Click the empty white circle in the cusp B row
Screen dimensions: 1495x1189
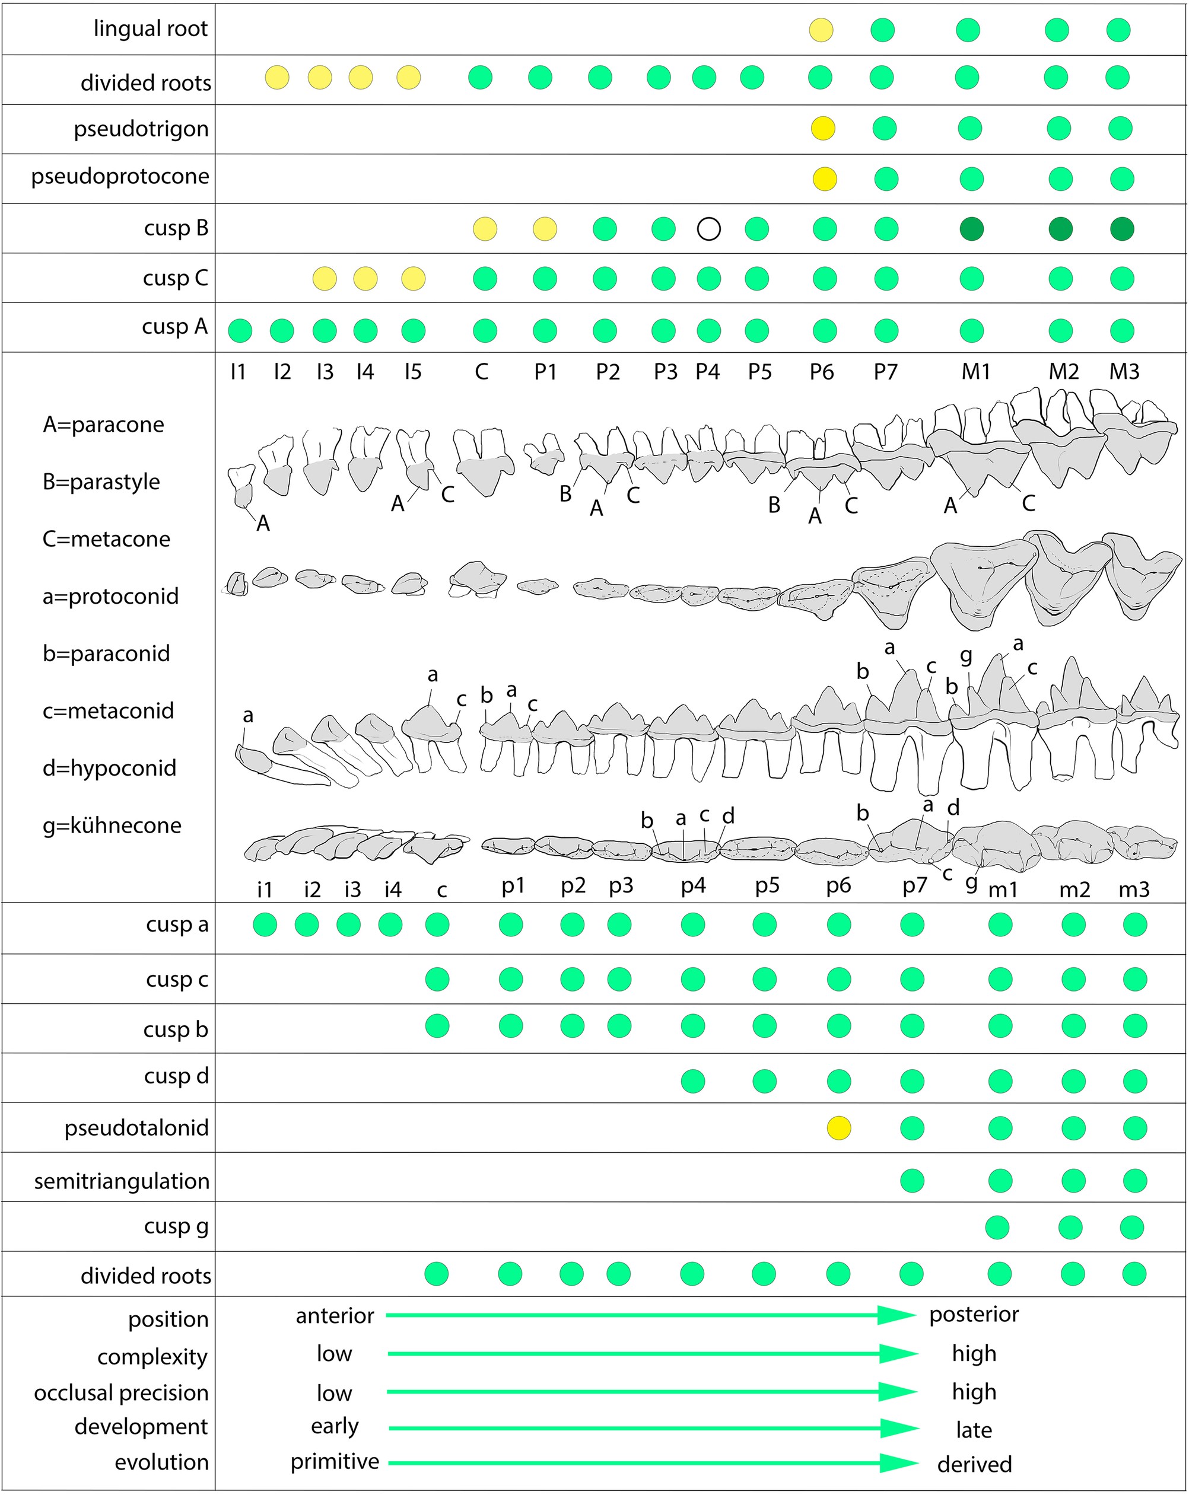(x=708, y=228)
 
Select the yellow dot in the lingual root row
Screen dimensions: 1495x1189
(x=821, y=30)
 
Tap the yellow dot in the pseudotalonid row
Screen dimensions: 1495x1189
(x=839, y=1128)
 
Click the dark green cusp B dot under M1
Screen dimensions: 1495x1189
(x=971, y=228)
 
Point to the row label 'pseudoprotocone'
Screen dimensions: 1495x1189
(x=120, y=176)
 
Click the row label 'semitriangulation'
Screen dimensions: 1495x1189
(x=122, y=1181)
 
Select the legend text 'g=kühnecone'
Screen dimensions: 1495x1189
(x=112, y=825)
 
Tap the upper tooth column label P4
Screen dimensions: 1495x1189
(x=708, y=372)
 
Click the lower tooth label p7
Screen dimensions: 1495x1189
(x=914, y=885)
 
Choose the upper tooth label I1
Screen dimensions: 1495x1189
(x=238, y=372)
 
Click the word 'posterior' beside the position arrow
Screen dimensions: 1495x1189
(x=974, y=1314)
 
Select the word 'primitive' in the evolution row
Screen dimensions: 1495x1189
(x=335, y=1461)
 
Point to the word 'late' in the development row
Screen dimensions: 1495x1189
(x=974, y=1429)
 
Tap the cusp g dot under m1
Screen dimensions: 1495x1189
(x=997, y=1228)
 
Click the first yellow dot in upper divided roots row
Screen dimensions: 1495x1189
(x=277, y=77)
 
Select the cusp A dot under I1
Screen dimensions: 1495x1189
(x=240, y=331)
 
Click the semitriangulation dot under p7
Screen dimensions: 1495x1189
(x=911, y=1180)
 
